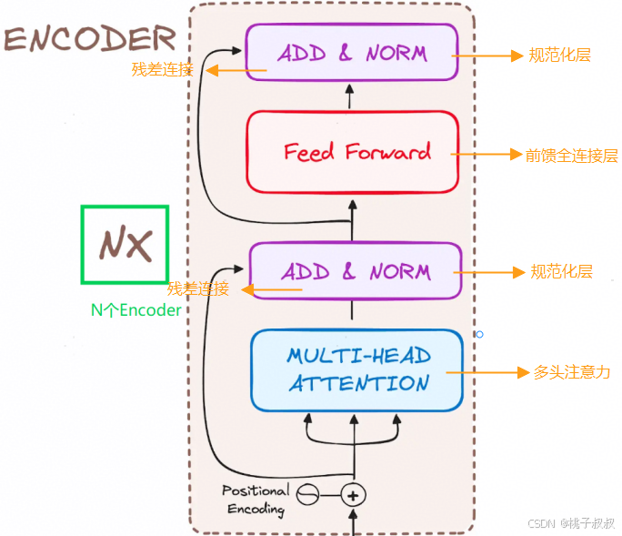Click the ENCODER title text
[x=89, y=38]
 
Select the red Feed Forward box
[x=352, y=152]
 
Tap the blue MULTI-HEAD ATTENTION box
[x=356, y=369]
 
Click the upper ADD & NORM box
[x=351, y=54]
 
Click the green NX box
[x=125, y=244]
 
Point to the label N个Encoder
[x=135, y=309]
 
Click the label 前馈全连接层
[x=571, y=155]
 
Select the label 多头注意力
[x=571, y=372]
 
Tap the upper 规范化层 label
[x=560, y=56]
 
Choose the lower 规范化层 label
[x=562, y=272]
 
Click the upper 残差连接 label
[x=162, y=69]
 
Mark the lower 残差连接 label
[x=197, y=289]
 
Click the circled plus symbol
[x=353, y=495]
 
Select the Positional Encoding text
[x=256, y=500]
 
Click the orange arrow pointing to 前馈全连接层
[x=487, y=155]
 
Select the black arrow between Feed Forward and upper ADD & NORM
[x=351, y=96]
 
